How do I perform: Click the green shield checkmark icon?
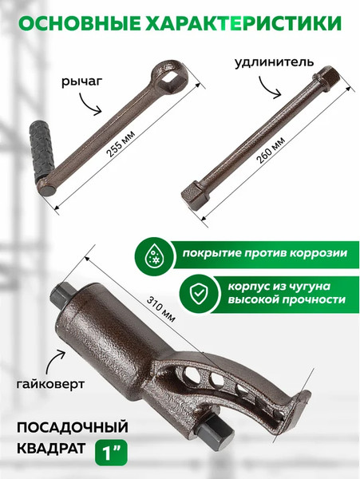point(194,293)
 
